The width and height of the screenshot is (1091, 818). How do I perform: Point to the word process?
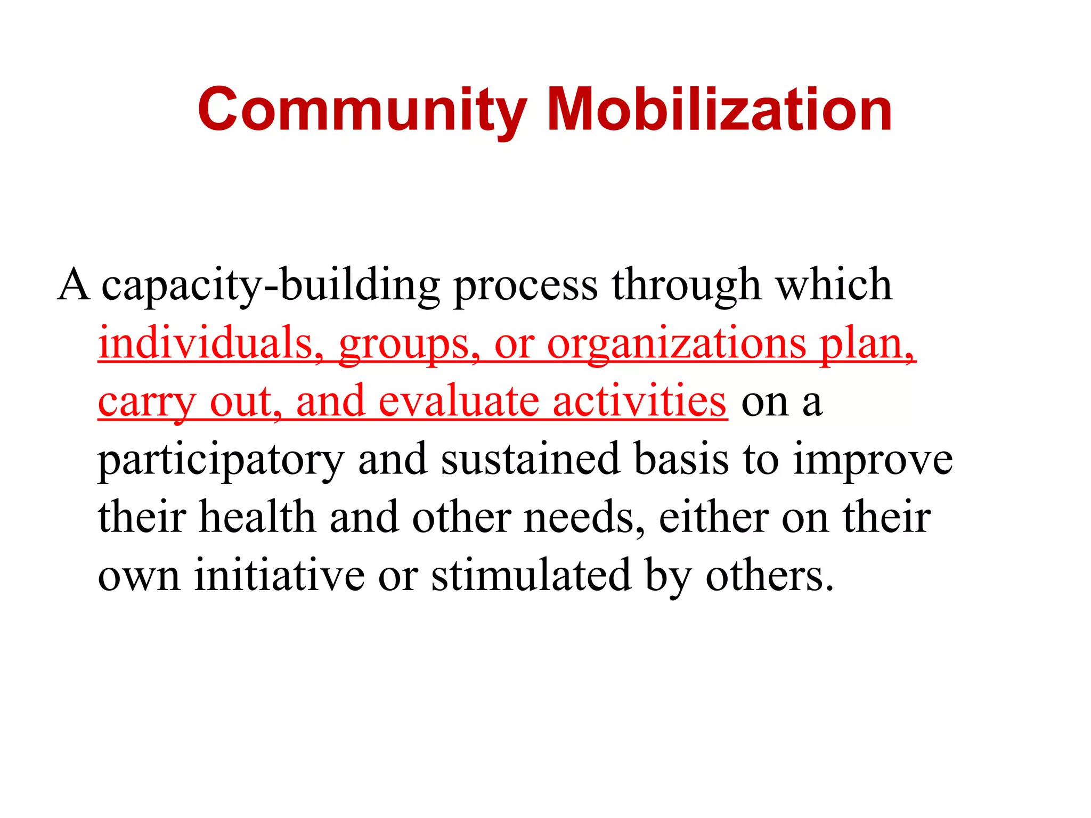click(x=525, y=286)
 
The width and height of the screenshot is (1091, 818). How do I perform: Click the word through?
click(x=686, y=286)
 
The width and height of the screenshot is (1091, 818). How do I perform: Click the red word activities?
click(x=639, y=402)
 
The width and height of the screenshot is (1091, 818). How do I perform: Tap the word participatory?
click(x=221, y=461)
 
